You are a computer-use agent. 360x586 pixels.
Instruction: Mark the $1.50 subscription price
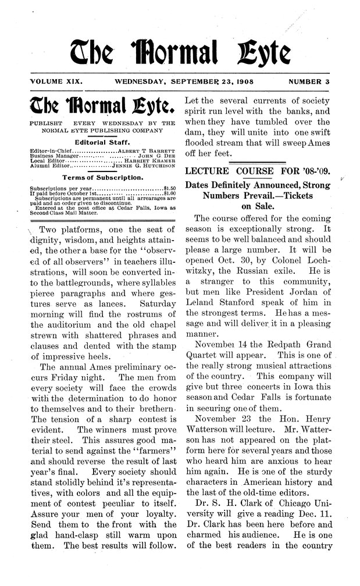169,188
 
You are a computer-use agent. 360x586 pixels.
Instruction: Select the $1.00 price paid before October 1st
169,194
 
